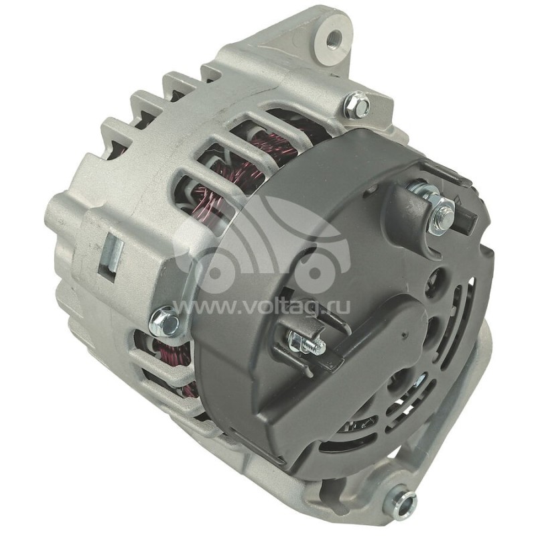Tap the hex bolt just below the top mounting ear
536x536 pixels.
[x=357, y=105]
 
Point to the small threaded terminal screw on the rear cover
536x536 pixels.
[x=307, y=343]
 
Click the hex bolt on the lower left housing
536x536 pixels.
[x=164, y=322]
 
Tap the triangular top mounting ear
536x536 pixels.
[x=315, y=40]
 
